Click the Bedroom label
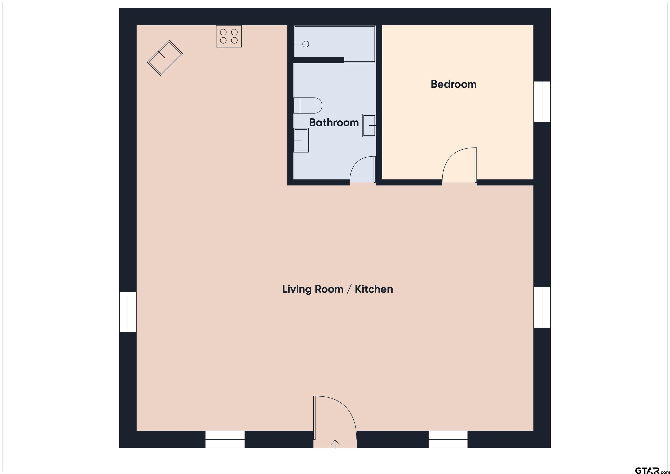[453, 84]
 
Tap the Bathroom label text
[334, 123]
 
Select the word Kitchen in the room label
[374, 289]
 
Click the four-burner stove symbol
[229, 36]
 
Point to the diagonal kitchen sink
[165, 58]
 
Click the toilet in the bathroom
[308, 105]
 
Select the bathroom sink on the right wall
[369, 125]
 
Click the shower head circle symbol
[306, 44]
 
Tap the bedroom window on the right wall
[542, 102]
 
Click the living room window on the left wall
[128, 312]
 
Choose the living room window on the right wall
[542, 307]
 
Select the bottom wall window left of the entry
[225, 439]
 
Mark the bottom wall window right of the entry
[448, 439]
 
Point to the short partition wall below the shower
[319, 60]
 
